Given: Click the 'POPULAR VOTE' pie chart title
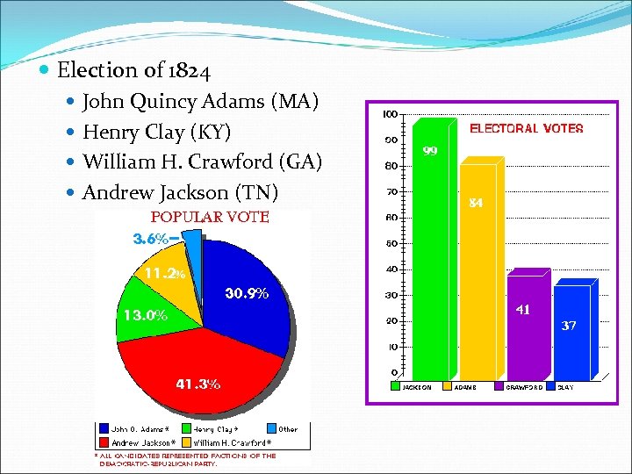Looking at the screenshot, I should coord(210,217).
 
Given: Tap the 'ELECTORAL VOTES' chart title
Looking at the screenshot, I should coord(526,128).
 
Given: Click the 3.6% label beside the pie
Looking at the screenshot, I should coord(150,239).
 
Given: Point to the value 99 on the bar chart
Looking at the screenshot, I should coord(430,151).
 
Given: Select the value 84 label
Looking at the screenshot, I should coord(476,203).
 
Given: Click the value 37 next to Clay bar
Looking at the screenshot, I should coord(569,325).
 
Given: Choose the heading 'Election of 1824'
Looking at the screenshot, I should coord(133,69).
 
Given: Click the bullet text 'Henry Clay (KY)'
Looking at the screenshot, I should coord(156,133).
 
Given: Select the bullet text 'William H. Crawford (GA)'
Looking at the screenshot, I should coord(203,162).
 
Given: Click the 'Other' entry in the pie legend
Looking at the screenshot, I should coord(288,429).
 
